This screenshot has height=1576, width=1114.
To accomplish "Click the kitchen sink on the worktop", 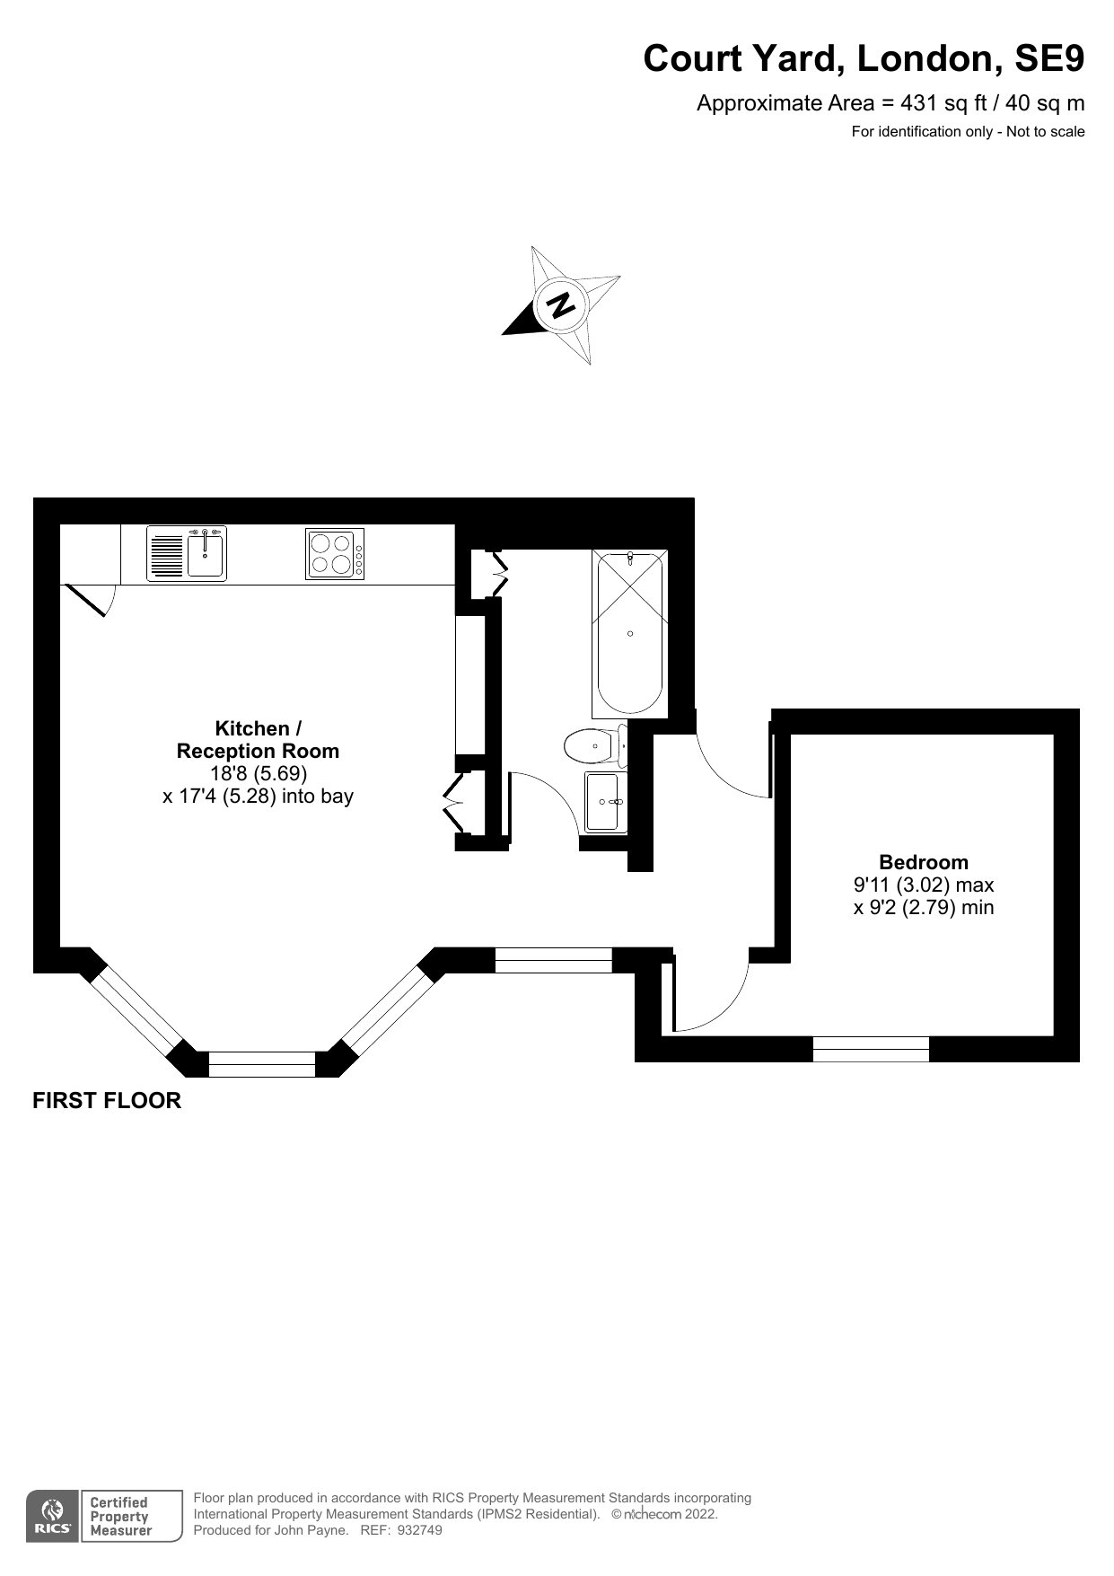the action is pos(187,554).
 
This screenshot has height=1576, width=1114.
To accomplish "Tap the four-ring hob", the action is pos(335,554).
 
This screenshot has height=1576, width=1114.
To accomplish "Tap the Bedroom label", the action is pos(924,862).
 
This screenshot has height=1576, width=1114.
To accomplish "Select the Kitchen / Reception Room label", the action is pos(258,739).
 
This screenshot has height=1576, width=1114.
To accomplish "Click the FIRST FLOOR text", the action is pos(107,1100).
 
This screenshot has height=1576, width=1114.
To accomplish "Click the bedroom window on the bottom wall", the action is pos(871,1049).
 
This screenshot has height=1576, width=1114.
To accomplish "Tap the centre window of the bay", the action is pos(262,1064).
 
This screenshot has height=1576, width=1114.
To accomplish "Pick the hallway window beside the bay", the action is pos(554,960).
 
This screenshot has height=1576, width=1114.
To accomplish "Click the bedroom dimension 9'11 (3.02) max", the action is pos(924,885).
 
